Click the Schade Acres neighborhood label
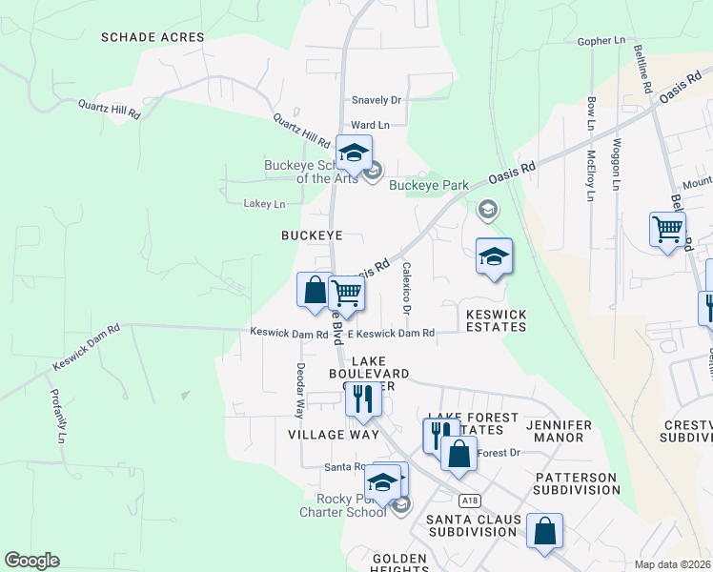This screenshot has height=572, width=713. (x=153, y=37)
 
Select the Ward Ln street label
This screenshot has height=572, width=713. (x=370, y=125)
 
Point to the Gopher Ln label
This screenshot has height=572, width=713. (x=601, y=42)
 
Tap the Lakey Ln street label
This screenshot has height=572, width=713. (x=264, y=204)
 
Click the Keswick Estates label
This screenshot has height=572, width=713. (x=496, y=319)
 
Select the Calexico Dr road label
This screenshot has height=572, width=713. (x=407, y=288)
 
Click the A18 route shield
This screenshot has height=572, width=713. (x=467, y=500)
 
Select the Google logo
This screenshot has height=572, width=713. (x=31, y=561)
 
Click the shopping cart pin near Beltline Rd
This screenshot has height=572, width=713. (x=667, y=229)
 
